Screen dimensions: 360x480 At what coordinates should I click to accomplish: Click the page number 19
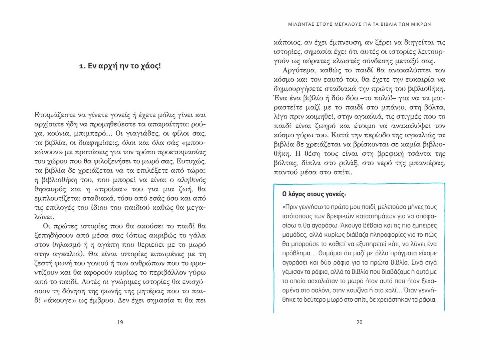coord(120,322)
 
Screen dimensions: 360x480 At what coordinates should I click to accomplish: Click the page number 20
coord(359,322)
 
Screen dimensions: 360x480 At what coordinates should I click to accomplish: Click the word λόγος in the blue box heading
coord(297,194)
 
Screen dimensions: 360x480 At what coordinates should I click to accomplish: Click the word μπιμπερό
coord(95,134)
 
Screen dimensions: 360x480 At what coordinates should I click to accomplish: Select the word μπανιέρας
coord(429,163)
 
